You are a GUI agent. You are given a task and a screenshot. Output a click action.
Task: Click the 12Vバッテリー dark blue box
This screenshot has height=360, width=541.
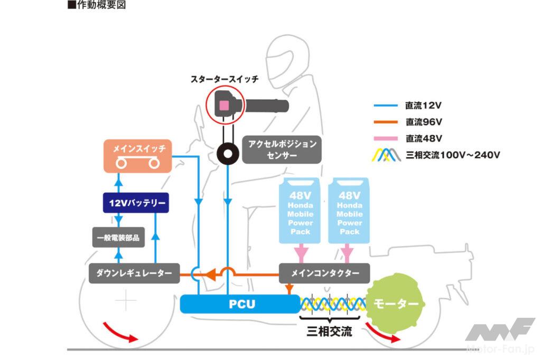136,203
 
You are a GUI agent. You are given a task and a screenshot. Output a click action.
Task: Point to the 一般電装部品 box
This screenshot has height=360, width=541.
118,238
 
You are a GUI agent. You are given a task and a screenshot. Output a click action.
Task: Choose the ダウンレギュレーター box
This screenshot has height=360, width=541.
134,273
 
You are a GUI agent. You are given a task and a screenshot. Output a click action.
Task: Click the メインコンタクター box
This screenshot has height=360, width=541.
325,273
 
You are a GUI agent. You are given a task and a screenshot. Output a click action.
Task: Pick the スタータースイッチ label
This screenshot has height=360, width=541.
224,79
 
